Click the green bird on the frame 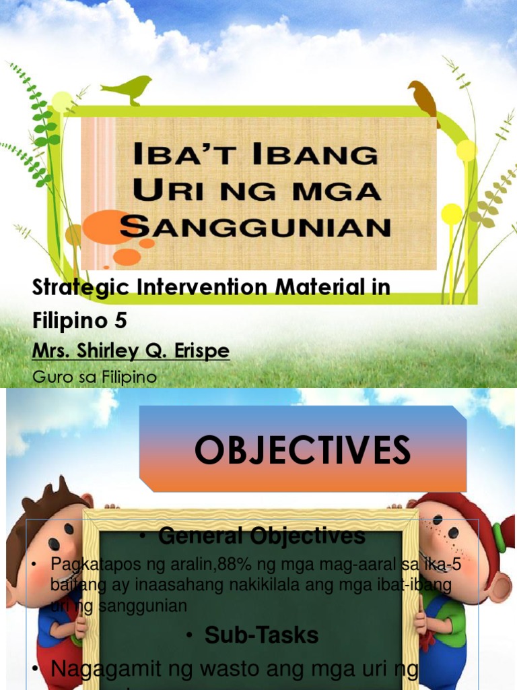coord(128,88)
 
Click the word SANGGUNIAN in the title coord(255,226)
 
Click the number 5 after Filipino coord(120,321)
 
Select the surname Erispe coord(201,352)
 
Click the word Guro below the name coord(51,377)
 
